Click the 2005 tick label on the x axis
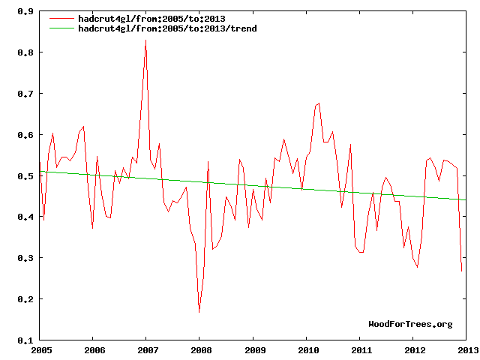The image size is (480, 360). (40, 349)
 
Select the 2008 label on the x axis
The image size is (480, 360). (200, 349)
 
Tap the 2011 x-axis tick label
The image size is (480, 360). (360, 349)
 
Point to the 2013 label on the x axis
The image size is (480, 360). (466, 349)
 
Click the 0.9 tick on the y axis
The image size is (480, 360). (25, 12)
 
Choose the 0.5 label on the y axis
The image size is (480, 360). (25, 176)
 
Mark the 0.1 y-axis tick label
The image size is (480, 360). (25, 340)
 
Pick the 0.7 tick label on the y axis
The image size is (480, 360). (25, 94)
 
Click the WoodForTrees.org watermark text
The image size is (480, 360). (410, 324)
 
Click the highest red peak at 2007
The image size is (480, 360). (145, 40)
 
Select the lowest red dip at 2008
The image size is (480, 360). (199, 311)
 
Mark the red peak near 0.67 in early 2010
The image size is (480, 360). (319, 103)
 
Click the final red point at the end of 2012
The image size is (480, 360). (461, 271)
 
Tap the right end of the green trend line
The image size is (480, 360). (466, 199)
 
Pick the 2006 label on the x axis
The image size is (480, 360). (94, 349)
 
